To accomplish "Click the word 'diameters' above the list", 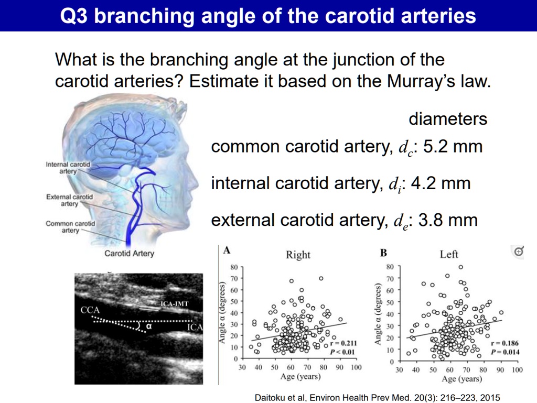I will [x=448, y=119].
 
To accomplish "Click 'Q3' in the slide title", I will [x=74, y=16].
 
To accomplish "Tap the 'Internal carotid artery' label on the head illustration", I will [x=68, y=168].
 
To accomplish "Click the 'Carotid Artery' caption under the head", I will [x=129, y=254].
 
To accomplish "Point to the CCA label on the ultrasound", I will [x=90, y=310].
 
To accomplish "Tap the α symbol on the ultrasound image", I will [x=149, y=325].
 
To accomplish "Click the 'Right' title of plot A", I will [x=298, y=255].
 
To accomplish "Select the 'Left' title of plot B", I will [x=449, y=254].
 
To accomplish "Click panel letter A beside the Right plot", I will [x=227, y=250].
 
